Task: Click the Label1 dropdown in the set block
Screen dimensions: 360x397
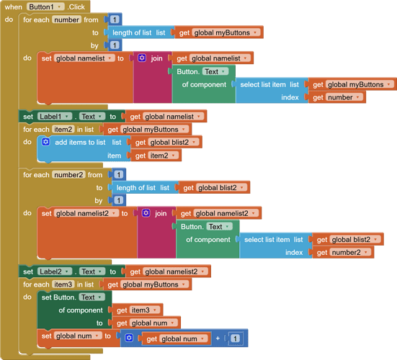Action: (x=55, y=116)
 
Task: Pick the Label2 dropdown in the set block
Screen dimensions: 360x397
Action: (x=55, y=271)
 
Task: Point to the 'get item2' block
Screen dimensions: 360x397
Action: (x=152, y=155)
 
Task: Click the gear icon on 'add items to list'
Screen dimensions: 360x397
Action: (x=45, y=143)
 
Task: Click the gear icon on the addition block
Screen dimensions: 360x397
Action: (x=129, y=338)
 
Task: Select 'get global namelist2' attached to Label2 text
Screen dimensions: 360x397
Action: (x=169, y=271)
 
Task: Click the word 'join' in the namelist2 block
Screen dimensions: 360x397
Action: (x=161, y=213)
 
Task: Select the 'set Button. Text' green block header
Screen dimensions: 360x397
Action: (x=68, y=297)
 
